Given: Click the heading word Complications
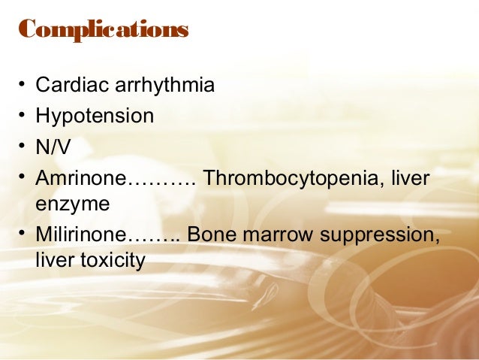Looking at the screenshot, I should (103, 30).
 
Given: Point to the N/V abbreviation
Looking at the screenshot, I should (53, 147).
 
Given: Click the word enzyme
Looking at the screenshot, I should (72, 204).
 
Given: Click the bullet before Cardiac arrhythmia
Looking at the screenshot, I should (23, 85).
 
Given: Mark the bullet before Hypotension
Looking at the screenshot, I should (23, 116).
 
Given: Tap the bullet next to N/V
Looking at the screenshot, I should (23, 147).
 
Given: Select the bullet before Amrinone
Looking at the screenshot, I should (23, 179).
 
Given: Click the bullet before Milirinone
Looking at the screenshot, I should (23, 235).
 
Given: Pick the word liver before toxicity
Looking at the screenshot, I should (53, 261).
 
